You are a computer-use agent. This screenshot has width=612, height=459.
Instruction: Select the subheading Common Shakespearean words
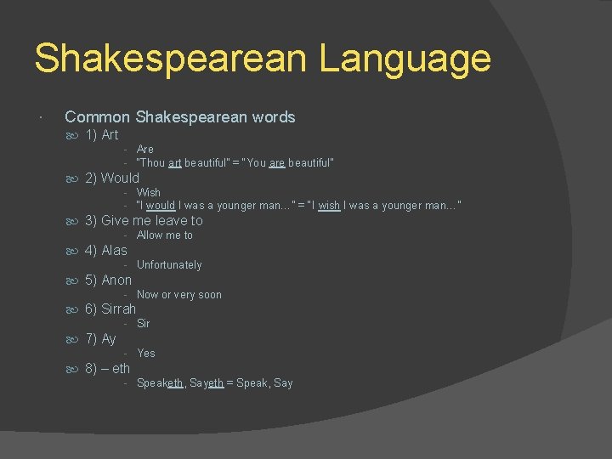pos(179,117)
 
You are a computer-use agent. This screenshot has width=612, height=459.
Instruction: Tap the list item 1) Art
pos(101,135)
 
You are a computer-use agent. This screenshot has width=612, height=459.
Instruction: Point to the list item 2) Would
pos(111,178)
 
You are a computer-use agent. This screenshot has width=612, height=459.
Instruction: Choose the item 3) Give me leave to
pos(144,220)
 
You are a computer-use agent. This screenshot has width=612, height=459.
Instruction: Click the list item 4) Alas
pos(105,250)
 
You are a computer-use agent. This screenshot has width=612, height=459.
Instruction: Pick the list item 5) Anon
pos(108,280)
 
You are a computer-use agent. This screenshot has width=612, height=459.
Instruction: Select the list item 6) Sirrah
pos(110,309)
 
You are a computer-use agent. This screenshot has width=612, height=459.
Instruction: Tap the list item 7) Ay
pos(100,339)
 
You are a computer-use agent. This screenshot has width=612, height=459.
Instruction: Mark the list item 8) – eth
pos(107,368)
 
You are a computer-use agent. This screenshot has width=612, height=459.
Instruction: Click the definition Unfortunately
pos(169,265)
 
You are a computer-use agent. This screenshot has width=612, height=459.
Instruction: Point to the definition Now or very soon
pos(179,295)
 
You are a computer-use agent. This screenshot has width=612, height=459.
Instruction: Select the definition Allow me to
pos(165,235)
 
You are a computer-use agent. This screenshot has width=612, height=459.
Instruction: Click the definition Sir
pos(144,324)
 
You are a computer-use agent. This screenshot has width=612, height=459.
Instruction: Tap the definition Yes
pos(146,354)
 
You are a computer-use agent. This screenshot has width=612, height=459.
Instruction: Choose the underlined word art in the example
pos(174,162)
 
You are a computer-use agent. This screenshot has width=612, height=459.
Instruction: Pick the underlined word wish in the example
pos(329,206)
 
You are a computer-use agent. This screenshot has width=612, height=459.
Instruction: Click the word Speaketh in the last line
pos(160,383)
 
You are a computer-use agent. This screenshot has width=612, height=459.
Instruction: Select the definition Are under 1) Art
pos(145,150)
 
